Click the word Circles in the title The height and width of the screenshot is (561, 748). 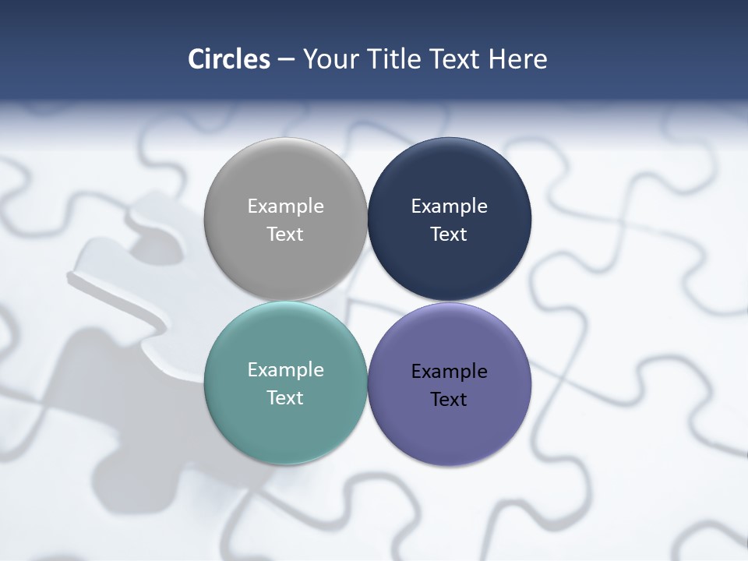tap(228, 59)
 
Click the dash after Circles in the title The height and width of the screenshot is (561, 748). tap(285, 60)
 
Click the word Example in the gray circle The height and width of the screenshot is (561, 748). tap(285, 206)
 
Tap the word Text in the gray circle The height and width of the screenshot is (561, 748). tap(285, 235)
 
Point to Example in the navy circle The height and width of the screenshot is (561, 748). tap(449, 206)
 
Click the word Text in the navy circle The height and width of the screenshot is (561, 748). tap(449, 235)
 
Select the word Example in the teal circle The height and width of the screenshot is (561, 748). tap(285, 370)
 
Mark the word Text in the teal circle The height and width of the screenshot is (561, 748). tap(285, 398)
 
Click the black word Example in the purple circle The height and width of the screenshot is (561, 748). tap(449, 372)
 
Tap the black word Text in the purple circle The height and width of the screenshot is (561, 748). tap(449, 400)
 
